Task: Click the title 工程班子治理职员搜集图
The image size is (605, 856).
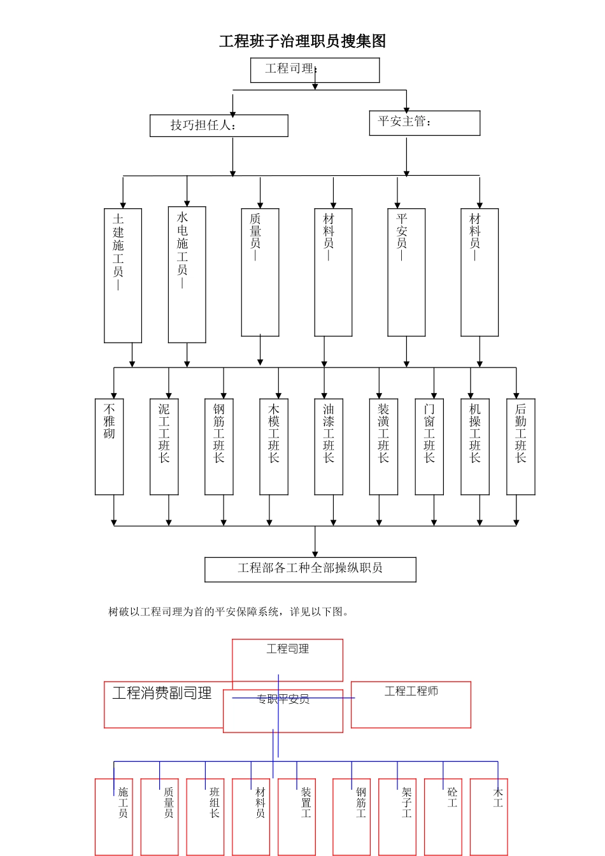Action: pos(302,41)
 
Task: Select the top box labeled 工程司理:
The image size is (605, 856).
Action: pos(315,70)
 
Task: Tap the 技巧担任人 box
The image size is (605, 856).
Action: pos(218,125)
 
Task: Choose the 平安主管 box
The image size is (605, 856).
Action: pos(424,123)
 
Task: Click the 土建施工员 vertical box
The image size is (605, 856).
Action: pos(123,275)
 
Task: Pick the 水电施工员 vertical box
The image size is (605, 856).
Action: pos(187,274)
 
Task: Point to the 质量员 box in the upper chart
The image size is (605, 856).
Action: pos(260,272)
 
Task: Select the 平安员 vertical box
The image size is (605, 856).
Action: pos(406,272)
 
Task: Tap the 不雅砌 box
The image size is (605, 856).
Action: pos(109,446)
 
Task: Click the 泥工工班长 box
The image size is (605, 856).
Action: pos(164,446)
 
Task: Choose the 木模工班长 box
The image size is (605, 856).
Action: pos(274,446)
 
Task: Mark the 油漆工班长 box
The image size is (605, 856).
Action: pos(329,446)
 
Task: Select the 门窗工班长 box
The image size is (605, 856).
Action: pos(429,446)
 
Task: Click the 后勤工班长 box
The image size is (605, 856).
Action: pos(520,446)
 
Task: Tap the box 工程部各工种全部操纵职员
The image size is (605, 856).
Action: pos(310,569)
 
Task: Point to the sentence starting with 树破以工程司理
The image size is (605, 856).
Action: pos(229,612)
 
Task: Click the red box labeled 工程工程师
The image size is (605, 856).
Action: pos(411,704)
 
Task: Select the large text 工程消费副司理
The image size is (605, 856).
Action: pos(162,693)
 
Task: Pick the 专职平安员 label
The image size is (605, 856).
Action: pos(283,699)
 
